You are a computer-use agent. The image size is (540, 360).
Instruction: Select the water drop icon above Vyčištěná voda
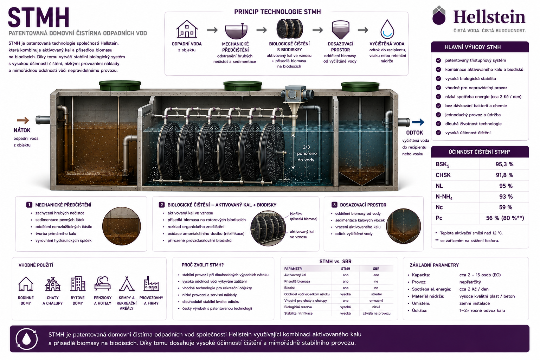coord(387,29)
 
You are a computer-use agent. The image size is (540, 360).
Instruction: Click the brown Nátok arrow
coord(23,120)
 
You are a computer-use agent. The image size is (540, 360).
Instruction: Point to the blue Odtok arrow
coord(418,122)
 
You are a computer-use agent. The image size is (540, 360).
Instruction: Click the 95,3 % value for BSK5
coord(504,164)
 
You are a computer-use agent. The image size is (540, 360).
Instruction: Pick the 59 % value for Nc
coord(506,207)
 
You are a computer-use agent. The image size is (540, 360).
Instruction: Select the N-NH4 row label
coord(444,197)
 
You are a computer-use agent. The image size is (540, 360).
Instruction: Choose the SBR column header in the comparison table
coord(376,269)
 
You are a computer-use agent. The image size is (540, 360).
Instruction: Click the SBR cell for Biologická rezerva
coord(376,307)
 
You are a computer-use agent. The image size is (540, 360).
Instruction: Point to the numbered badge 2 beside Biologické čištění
coord(161,205)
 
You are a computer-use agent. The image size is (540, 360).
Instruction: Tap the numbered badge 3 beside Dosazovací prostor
coord(334,205)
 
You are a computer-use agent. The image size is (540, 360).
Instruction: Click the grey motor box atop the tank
coord(293,94)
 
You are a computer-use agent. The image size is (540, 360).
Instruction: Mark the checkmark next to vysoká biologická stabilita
coord(438,79)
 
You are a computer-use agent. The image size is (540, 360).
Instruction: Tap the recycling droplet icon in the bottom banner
coord(26,339)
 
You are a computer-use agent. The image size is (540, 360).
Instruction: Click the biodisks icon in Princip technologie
coord(289,29)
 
